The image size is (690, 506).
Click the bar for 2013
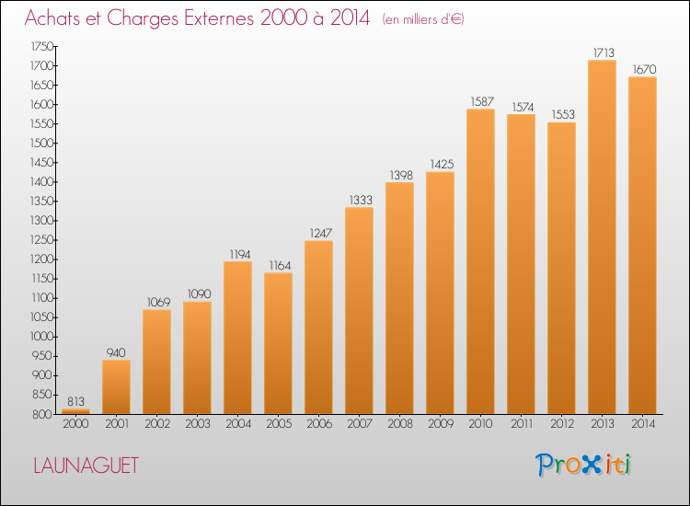coord(602,237)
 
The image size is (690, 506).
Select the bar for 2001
coord(116,387)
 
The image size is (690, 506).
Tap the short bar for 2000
coord(75,411)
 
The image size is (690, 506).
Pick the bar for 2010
coord(480,261)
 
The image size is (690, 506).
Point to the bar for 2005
coord(278,344)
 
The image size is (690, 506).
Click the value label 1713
coord(604,52)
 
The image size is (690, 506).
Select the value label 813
coord(75,401)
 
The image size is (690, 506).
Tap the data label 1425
coord(442,164)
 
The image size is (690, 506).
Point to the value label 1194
coord(240,254)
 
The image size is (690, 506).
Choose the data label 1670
coord(644,70)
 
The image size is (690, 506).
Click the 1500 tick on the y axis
coord(41,143)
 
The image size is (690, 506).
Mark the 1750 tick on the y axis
coord(41,46)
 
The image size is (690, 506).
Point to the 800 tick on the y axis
coord(43,414)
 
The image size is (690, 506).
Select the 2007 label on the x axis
coord(360,424)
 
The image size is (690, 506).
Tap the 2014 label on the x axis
coord(643,424)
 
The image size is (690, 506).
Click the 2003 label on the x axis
coord(198,424)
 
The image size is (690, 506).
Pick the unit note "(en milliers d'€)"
coord(423,19)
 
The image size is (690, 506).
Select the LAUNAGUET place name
coord(86,466)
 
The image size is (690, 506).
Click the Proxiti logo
coord(583,465)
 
